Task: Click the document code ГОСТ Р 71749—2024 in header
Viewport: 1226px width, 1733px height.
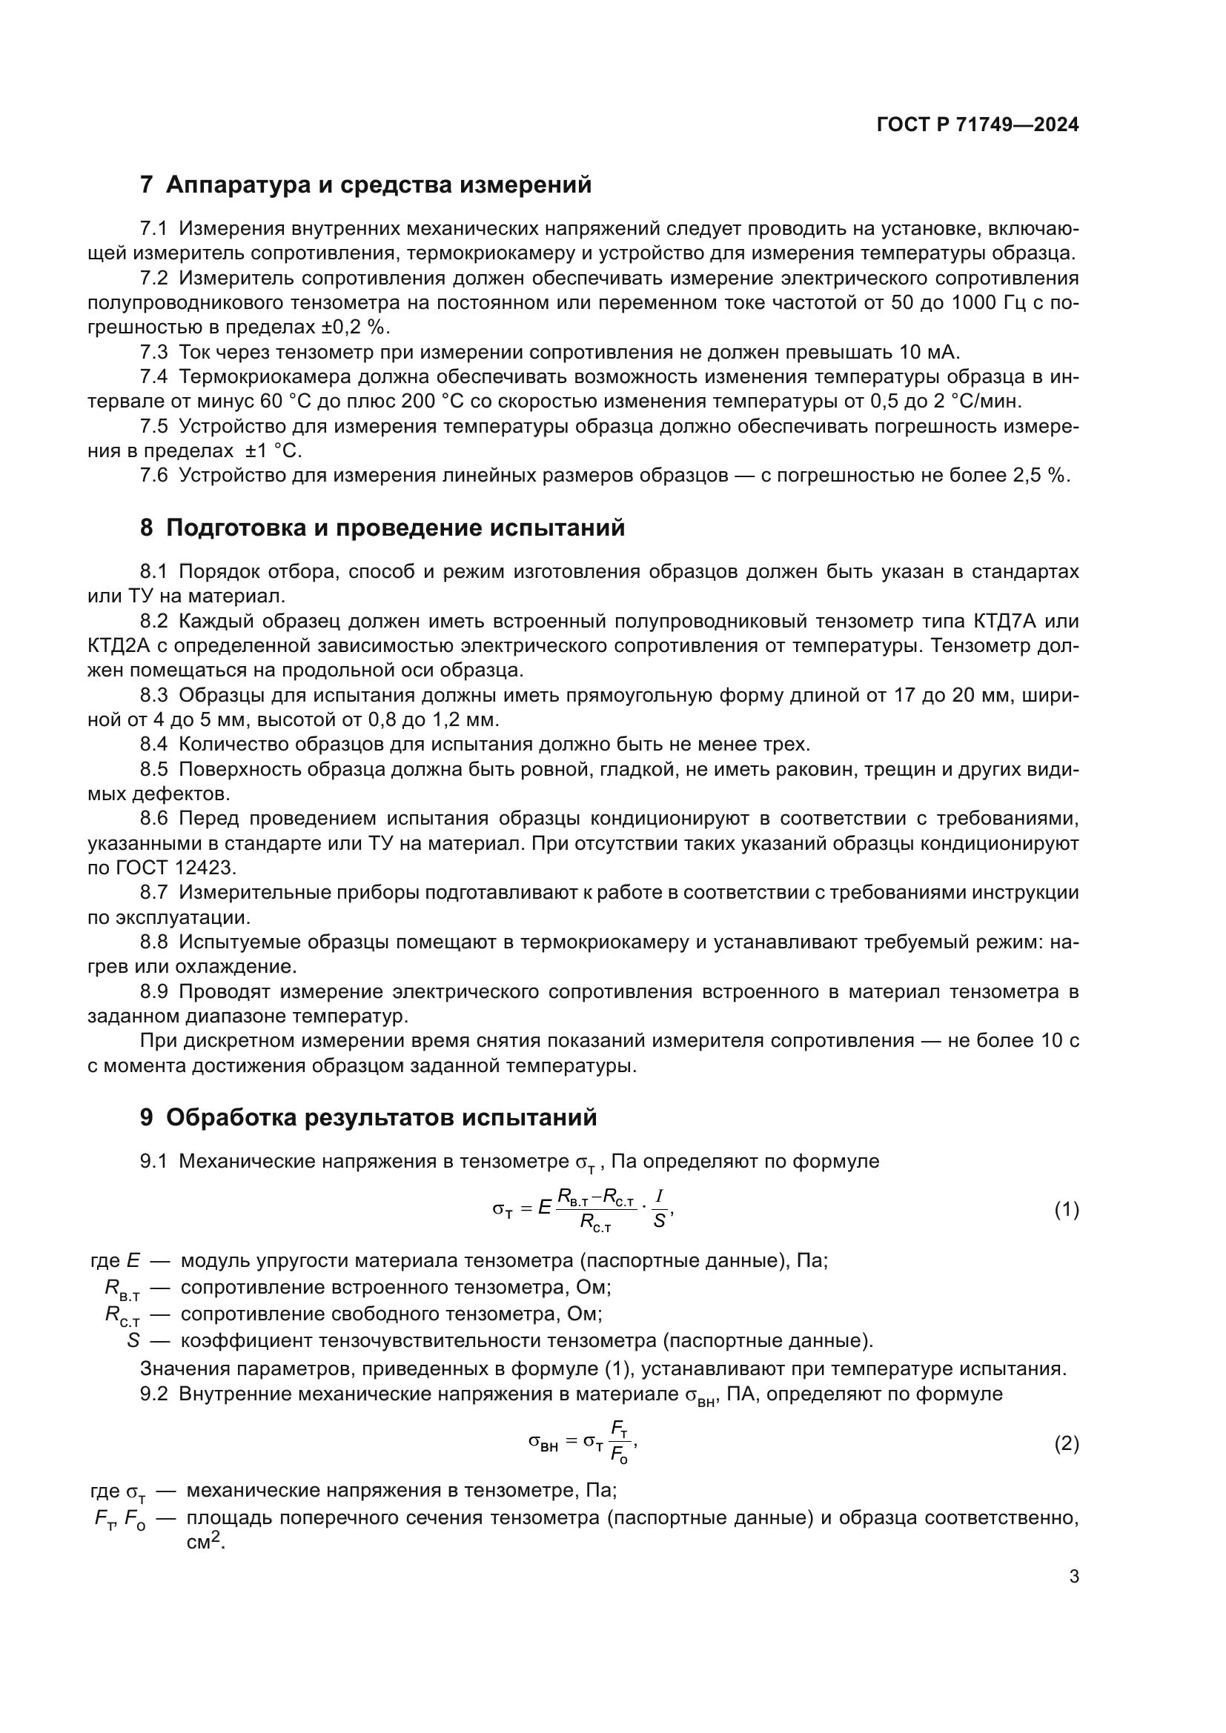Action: click(x=978, y=125)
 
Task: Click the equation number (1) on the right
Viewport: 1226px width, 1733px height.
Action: click(x=1066, y=1211)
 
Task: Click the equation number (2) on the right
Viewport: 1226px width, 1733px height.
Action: click(x=1066, y=1445)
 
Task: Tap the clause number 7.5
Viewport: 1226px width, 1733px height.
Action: click(x=154, y=427)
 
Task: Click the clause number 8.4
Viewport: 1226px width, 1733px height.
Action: click(x=154, y=744)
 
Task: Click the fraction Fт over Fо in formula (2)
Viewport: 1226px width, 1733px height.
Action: click(x=620, y=1443)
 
